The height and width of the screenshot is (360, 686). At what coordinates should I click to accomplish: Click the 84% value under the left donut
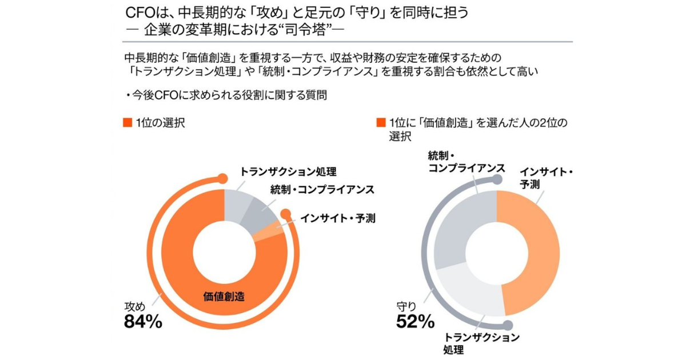(x=143, y=321)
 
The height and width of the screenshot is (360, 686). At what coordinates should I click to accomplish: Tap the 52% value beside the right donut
(x=415, y=321)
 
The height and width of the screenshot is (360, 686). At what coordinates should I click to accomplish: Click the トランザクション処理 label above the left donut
(x=288, y=171)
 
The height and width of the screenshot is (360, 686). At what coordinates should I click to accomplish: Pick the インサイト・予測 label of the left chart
(x=338, y=218)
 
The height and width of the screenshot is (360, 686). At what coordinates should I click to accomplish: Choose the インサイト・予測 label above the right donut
(x=546, y=178)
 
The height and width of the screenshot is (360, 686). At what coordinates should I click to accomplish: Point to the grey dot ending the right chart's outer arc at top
(x=498, y=179)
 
